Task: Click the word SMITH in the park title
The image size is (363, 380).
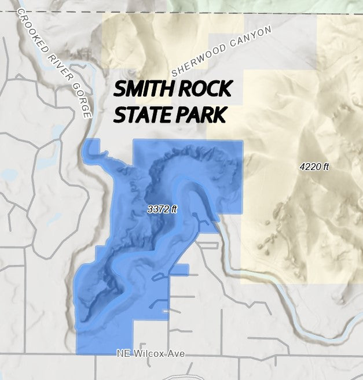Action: pos(144,90)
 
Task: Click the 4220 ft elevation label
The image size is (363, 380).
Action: pos(314,167)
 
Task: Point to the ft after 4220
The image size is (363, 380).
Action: pos(325,167)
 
